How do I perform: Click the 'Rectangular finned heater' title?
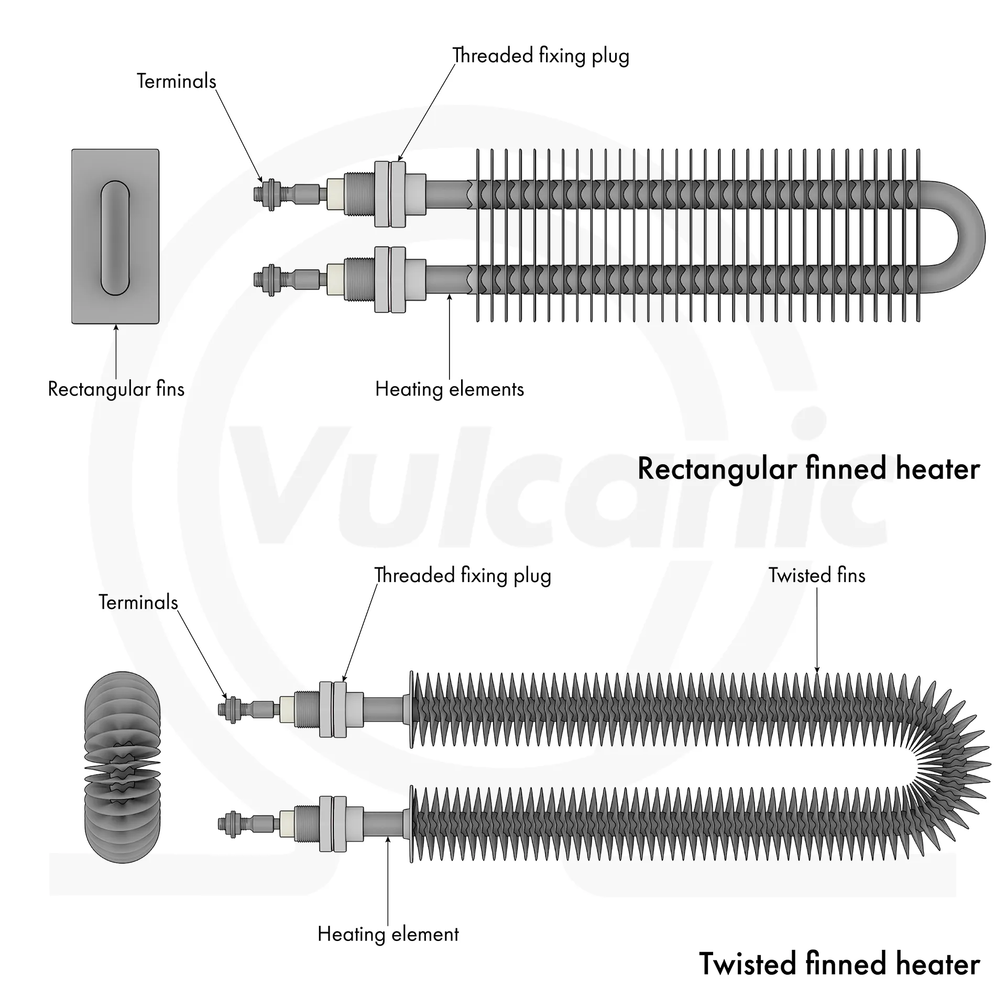pos(808,468)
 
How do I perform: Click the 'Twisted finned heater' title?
pos(839,963)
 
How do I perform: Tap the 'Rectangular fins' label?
pos(116,389)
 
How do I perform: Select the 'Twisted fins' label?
pos(816,575)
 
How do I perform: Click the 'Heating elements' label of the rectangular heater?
pos(449,389)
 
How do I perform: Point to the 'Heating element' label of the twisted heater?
pos(388,934)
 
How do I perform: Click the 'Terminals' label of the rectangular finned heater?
pos(176,81)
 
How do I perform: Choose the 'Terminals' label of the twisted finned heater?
pos(138,602)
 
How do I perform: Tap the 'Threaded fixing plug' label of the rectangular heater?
pos(540,56)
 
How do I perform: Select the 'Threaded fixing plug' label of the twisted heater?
pos(462,575)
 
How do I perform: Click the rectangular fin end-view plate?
pos(84,236)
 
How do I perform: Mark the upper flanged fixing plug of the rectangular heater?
pos(390,193)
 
